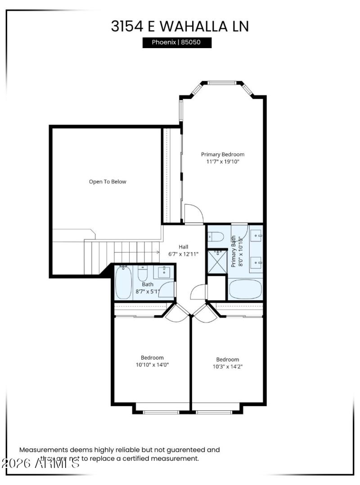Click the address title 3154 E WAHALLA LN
180,26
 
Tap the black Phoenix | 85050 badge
177,43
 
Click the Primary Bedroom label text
223,154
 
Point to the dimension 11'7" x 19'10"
223,162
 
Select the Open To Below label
108,182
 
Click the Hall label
183,247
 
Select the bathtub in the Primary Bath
245,289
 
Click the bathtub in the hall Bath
123,283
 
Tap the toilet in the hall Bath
143,274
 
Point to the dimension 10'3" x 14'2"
227,366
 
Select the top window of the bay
221,83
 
